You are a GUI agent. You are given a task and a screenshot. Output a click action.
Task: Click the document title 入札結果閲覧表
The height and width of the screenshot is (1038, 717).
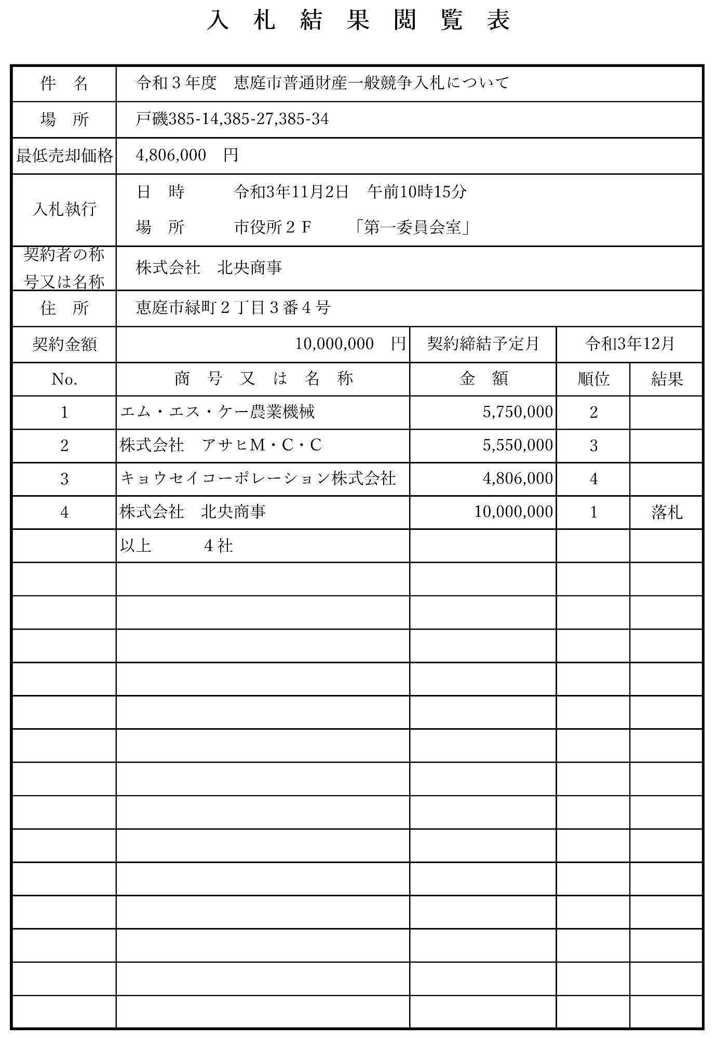[358, 21]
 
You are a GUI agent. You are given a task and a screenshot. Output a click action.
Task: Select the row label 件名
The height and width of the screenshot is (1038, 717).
[64, 84]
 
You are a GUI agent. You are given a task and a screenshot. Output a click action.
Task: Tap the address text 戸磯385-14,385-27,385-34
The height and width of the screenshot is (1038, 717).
[232, 119]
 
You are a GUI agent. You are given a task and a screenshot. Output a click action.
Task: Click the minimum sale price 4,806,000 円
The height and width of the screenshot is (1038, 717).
[187, 155]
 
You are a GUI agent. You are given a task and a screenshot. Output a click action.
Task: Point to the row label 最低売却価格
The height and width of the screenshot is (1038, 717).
[64, 155]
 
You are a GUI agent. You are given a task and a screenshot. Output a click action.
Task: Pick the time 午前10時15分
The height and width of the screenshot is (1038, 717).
[417, 192]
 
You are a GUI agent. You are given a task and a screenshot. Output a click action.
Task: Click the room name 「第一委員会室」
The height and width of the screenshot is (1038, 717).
[413, 227]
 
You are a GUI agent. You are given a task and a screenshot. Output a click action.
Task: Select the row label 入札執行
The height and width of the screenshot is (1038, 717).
[64, 209]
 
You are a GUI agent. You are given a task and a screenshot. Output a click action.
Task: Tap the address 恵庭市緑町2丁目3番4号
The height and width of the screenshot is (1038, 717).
[233, 308]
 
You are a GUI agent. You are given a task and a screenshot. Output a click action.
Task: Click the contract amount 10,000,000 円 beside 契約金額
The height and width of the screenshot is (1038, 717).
[350, 344]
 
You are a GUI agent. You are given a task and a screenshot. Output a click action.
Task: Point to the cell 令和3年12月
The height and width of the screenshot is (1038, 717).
[629, 344]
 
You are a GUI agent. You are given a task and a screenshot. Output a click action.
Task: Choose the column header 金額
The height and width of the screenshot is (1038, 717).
[483, 379]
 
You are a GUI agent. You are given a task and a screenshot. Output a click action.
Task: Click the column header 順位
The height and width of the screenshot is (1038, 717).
[593, 379]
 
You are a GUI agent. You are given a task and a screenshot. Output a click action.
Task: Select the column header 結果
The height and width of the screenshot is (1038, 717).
[667, 379]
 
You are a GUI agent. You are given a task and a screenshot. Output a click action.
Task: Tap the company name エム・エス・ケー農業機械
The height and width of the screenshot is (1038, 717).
[218, 412]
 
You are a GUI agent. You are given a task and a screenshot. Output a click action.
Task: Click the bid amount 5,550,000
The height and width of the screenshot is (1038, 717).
[518, 445]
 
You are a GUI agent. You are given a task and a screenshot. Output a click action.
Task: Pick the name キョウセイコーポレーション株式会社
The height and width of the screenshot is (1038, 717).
[258, 479]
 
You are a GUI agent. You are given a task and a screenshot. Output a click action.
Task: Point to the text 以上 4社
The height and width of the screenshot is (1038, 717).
[177, 545]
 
